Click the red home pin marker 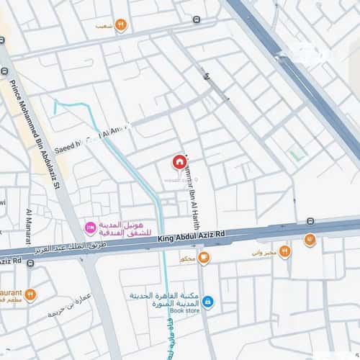[178, 162]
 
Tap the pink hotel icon [91, 228]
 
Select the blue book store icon [208, 301]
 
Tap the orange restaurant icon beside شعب [121, 25]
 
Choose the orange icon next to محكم [204, 257]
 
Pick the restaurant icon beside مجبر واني [285, 251]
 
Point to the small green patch [294, 155]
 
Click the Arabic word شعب [104, 26]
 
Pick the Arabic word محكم [187, 258]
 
